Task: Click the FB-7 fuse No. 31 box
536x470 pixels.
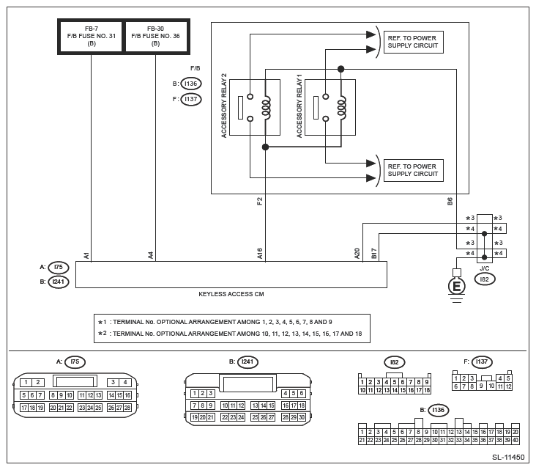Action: pyautogui.click(x=91, y=37)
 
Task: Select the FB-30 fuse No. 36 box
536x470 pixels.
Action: pyautogui.click(x=155, y=37)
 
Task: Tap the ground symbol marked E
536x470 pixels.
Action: pyautogui.click(x=457, y=285)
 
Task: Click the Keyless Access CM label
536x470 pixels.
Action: pyautogui.click(x=231, y=293)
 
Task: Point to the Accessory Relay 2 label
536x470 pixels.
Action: pyautogui.click(x=224, y=105)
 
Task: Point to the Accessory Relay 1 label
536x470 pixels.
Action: pyautogui.click(x=299, y=105)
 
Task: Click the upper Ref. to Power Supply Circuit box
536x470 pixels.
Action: pyautogui.click(x=413, y=42)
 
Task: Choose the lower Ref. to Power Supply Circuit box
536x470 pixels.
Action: pyautogui.click(x=413, y=170)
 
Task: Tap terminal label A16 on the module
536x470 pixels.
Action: pyautogui.click(x=260, y=254)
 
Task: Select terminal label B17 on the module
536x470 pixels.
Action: pyautogui.click(x=374, y=254)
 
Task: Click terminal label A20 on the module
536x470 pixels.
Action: pyautogui.click(x=357, y=254)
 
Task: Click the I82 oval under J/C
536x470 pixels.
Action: pyautogui.click(x=484, y=279)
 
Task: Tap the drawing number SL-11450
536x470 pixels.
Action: pyautogui.click(x=508, y=457)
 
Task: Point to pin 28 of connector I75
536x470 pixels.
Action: pyautogui.click(x=127, y=407)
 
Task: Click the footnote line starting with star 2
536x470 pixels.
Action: pyautogui.click(x=234, y=334)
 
